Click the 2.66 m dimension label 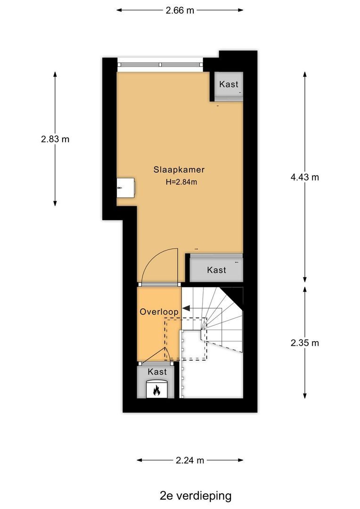180,10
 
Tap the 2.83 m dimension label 55,139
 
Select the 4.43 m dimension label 305,177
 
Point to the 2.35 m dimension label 305,343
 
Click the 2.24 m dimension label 190,460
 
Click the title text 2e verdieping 196,495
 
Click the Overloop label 159,312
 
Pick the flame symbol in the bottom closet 157,390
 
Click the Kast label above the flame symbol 157,372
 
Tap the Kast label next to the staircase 216,270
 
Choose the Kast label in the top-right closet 229,85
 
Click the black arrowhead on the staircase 186,308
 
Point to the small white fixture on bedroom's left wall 125,188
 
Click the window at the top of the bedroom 160,65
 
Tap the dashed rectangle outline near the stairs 186,338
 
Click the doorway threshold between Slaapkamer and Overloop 159,284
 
